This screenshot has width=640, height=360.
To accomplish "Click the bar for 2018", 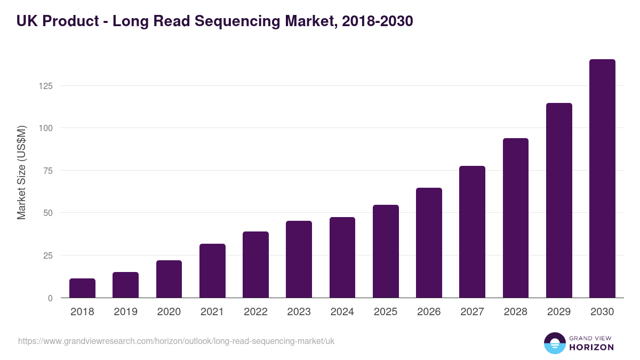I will [x=82, y=288].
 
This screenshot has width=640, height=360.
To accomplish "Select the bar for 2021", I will [x=212, y=271].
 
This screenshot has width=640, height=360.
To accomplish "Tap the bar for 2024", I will [x=342, y=258].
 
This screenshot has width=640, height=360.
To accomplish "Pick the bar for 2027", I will [x=472, y=232].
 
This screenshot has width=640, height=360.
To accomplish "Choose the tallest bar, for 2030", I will [x=602, y=179].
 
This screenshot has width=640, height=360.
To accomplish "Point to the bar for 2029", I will [x=559, y=201].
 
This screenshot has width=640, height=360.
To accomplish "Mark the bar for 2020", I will [x=169, y=279].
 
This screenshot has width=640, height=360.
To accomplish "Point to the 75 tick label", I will [x=47, y=171].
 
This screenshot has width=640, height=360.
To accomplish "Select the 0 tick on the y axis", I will [x=50, y=298].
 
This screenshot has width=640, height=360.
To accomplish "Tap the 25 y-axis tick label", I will [x=47, y=255].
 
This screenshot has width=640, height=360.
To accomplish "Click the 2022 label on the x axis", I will [x=255, y=312].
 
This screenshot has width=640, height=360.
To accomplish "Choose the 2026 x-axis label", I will [x=429, y=312].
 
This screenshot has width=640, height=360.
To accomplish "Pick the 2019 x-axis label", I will [x=125, y=312].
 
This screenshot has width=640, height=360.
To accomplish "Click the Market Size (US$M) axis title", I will [x=21, y=172].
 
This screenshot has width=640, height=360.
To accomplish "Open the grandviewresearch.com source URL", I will [x=176, y=341].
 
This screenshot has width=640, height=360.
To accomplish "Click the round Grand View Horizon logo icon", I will [x=554, y=343].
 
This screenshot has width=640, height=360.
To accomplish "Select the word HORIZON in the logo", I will [x=591, y=347].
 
